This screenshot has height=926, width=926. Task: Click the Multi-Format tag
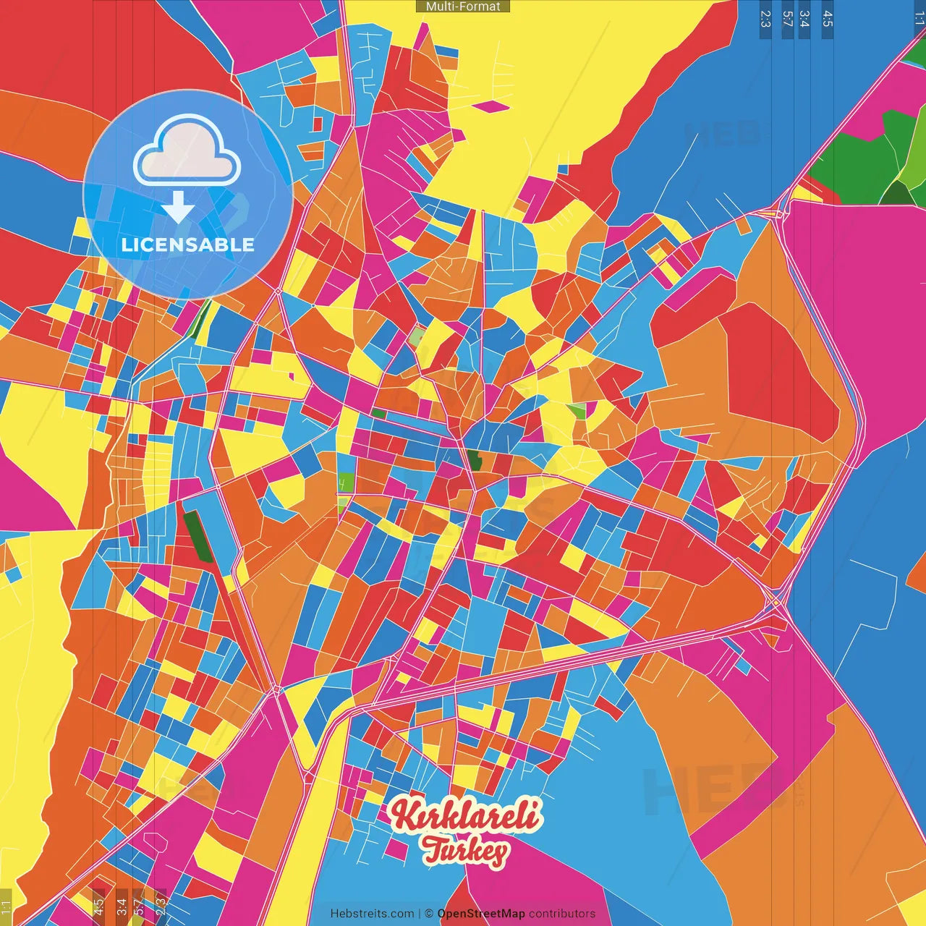(462, 7)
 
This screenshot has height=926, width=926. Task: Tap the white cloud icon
(187, 153)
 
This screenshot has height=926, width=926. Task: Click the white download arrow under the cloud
(178, 207)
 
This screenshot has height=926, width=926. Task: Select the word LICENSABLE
(188, 245)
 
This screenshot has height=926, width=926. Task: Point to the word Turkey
(464, 851)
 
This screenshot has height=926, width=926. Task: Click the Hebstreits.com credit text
(372, 914)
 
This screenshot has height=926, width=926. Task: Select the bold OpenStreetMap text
(481, 914)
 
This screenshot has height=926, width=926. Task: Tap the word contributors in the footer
(562, 914)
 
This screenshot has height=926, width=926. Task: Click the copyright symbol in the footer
(429, 914)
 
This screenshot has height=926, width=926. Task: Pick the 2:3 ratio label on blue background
(765, 19)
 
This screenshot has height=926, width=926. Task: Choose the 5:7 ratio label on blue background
(787, 19)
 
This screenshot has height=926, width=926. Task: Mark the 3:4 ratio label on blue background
(804, 19)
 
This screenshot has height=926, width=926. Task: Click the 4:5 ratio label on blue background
(828, 19)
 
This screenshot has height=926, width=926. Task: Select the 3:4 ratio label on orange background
(122, 905)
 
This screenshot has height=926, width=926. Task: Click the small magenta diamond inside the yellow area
(491, 107)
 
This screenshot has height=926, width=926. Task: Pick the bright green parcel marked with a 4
(346, 481)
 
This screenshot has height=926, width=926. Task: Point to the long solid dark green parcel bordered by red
(197, 536)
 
